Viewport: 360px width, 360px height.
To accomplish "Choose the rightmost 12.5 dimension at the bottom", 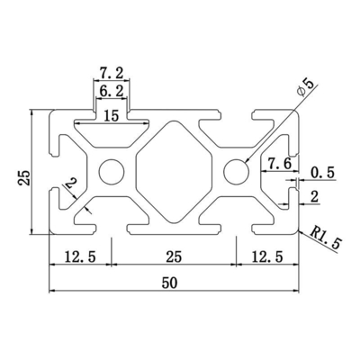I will (x=267, y=256).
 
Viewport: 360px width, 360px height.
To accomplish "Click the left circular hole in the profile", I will (x=112, y=170).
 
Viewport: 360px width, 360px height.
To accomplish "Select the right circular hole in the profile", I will (x=236, y=170).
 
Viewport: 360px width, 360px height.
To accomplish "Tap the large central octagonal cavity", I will (x=173, y=170).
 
